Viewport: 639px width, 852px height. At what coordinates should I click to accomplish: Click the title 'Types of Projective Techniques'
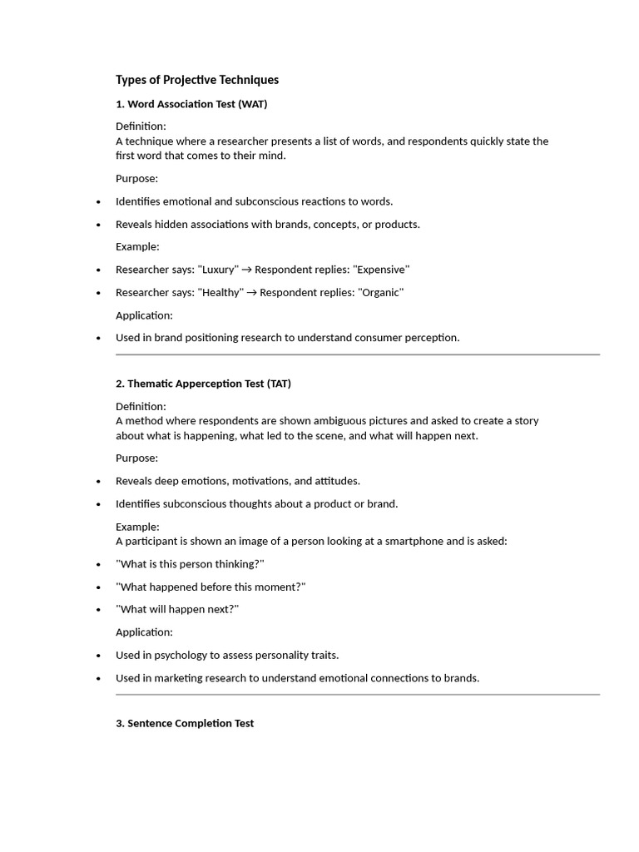tap(197, 80)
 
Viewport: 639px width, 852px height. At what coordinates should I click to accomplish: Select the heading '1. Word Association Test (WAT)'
tap(191, 104)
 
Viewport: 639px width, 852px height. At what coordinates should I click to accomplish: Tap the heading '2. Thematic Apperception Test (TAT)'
tap(203, 384)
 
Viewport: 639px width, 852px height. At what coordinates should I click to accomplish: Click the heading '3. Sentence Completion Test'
tap(185, 723)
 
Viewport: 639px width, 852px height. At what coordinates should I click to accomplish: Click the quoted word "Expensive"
tap(381, 270)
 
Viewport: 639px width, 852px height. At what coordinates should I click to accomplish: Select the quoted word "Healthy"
tap(220, 292)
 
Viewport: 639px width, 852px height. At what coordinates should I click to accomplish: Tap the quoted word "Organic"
tap(379, 292)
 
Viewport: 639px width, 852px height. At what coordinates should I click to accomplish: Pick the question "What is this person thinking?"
tap(190, 564)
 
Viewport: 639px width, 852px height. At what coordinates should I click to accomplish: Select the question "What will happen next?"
tap(177, 609)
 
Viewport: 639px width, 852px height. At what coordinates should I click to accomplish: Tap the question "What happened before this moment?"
tap(211, 587)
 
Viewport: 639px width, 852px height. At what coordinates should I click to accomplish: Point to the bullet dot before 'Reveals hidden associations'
tap(99, 225)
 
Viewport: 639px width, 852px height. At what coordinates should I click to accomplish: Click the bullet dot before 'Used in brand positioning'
tap(99, 338)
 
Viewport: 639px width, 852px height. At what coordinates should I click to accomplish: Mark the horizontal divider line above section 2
tap(358, 354)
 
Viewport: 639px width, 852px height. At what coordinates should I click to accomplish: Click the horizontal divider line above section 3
tap(358, 694)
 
